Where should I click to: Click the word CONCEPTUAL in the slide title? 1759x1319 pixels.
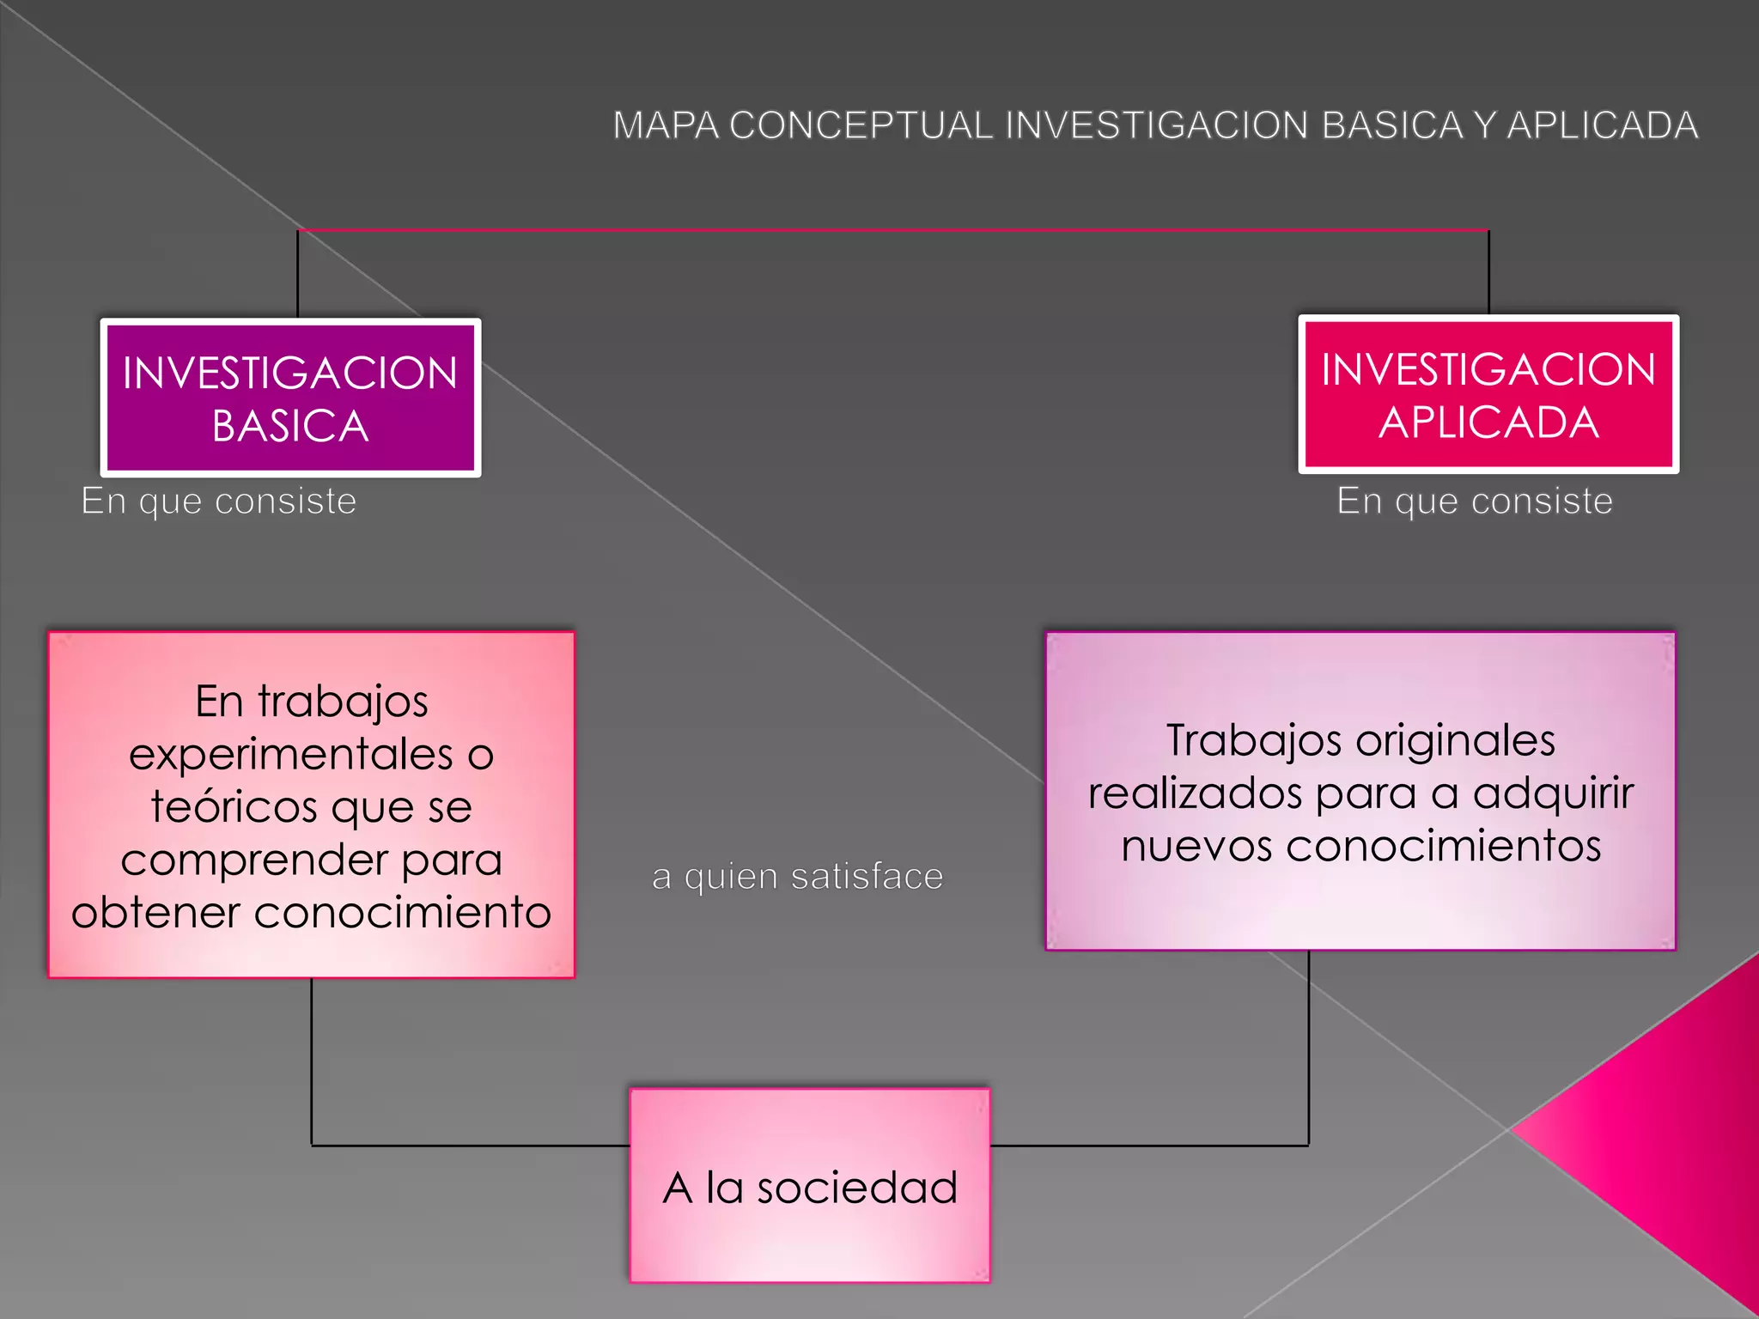tap(861, 125)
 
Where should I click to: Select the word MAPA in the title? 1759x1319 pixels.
tap(666, 125)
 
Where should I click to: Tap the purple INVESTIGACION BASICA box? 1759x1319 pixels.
tap(290, 398)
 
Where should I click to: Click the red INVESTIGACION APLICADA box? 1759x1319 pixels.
tap(1488, 394)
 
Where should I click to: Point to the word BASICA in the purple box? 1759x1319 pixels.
tap(290, 426)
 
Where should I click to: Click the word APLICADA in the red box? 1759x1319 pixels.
tap(1488, 422)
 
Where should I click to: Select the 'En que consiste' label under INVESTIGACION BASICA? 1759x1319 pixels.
tap(218, 501)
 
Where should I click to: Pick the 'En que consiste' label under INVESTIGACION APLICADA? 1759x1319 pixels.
tap(1474, 501)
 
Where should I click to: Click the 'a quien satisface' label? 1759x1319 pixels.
tap(797, 877)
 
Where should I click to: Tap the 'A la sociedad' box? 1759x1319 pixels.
tap(809, 1185)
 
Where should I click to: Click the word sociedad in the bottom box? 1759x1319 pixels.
tap(856, 1188)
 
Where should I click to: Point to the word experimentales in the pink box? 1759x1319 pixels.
tap(290, 755)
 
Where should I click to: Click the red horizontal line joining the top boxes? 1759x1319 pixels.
tap(893, 230)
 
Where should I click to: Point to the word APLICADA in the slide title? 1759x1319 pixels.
tap(1603, 125)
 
